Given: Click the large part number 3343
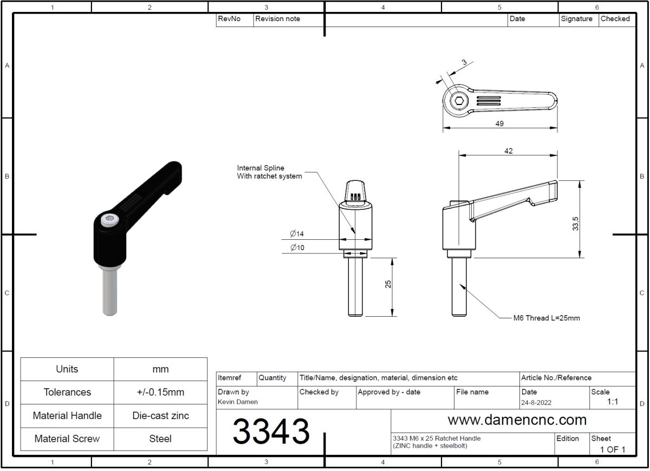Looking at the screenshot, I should pos(271,431).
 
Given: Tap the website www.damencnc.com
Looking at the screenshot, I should pos(517,420).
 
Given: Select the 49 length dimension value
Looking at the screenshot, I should pos(499,123).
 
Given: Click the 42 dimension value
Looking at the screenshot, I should pos(508,151).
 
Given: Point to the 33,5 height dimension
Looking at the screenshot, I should pos(575,223).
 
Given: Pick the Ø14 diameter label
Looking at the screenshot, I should pos(297,234).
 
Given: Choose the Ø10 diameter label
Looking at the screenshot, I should pos(297,247).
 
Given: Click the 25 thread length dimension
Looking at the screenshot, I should pos(388,284).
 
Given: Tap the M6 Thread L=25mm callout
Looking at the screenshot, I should pos(546,318).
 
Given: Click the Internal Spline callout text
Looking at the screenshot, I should pos(269,172).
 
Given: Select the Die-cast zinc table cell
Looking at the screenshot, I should pos(160,416).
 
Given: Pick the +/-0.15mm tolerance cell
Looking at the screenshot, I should pos(160,392).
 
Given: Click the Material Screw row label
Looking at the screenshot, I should pos(67,439).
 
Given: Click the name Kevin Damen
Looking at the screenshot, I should pos(238,402).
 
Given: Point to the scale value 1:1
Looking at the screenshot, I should pos(612,402).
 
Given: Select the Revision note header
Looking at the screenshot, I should pos(277,19).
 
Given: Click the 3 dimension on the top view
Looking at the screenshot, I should pos(464,62).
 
